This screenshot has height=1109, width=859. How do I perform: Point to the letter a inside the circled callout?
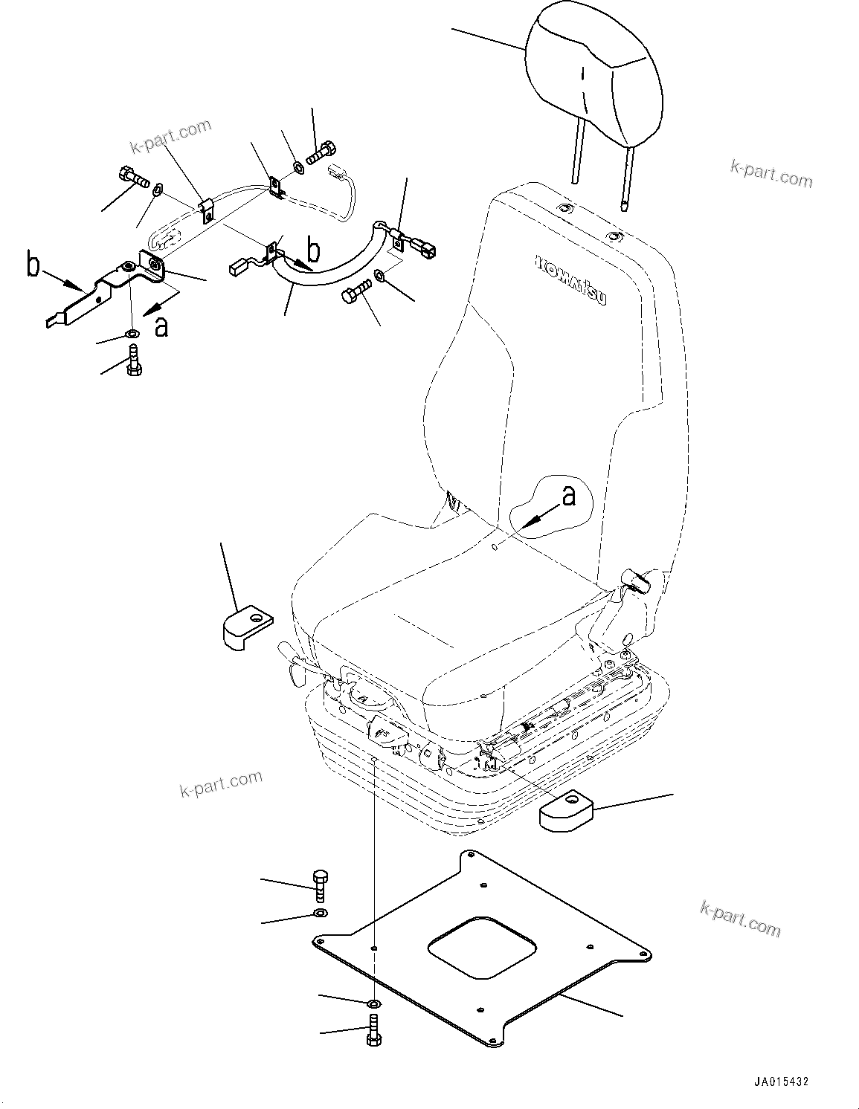[x=569, y=496]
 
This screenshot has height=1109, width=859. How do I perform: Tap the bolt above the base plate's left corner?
[x=321, y=883]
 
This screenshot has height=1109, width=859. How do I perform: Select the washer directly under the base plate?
[x=373, y=1005]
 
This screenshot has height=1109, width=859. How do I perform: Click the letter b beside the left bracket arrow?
[x=33, y=265]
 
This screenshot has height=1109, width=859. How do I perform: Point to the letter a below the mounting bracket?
[x=161, y=326]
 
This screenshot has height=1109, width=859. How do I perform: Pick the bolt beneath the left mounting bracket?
[x=134, y=362]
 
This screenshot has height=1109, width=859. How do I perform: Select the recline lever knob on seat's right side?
[x=637, y=578]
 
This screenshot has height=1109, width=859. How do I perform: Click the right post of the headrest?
[x=626, y=178]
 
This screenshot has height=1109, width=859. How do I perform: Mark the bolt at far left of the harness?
[x=132, y=179]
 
